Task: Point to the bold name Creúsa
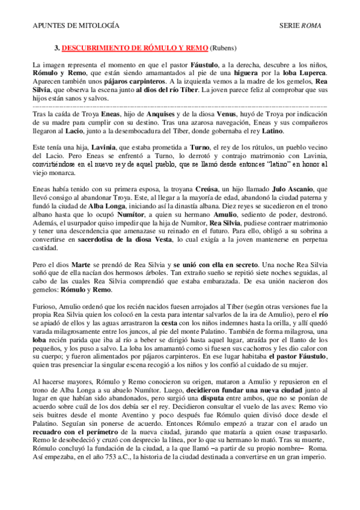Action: (x=191, y=189)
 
